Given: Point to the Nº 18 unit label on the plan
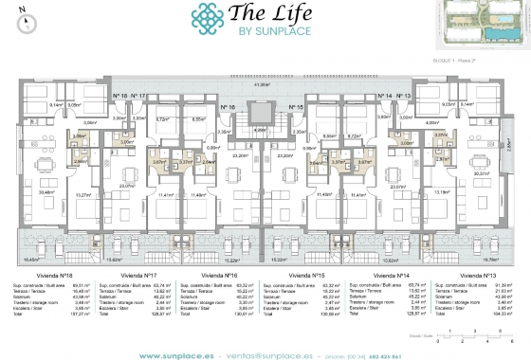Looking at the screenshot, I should coord(119,96).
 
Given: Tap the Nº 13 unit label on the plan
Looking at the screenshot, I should coord(402,96).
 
